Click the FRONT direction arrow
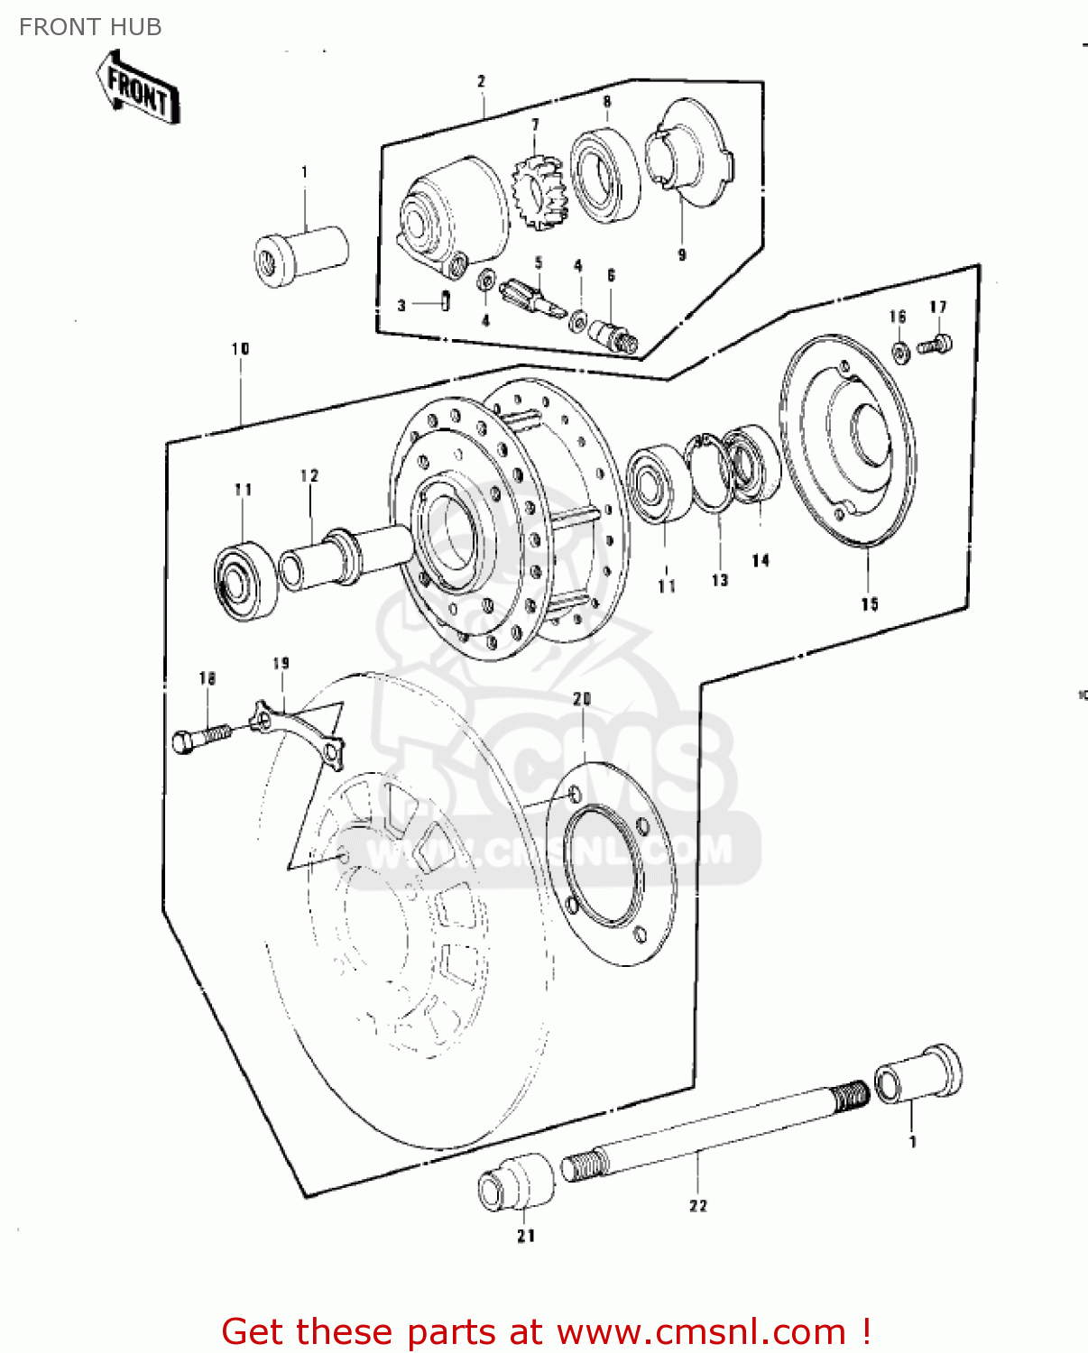click(138, 88)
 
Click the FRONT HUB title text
click(90, 27)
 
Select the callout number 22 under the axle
click(698, 1205)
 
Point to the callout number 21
click(526, 1236)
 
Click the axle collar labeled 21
click(515, 1181)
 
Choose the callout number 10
click(240, 349)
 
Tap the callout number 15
click(869, 603)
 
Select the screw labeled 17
click(936, 344)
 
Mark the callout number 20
click(582, 699)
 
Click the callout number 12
click(309, 475)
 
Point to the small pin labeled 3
click(446, 300)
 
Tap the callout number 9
click(682, 255)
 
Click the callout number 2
click(481, 81)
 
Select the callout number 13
click(719, 580)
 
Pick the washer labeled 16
click(900, 352)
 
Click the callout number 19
click(281, 664)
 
